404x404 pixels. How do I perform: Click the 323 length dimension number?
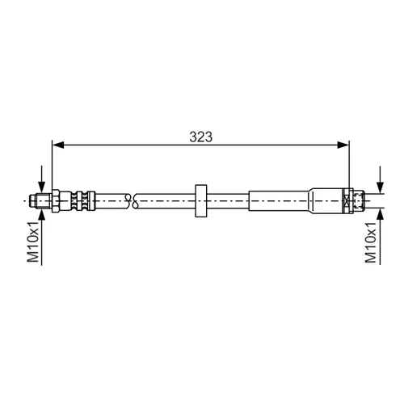(201, 137)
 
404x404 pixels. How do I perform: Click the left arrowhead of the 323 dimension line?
(58, 145)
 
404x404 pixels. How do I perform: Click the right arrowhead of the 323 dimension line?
(343, 145)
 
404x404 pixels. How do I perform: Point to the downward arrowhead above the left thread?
(41, 187)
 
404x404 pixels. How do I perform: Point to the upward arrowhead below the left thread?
(41, 215)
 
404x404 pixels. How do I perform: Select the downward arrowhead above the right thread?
(380, 187)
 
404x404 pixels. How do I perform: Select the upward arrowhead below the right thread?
(380, 215)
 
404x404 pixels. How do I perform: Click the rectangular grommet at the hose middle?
(200, 201)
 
